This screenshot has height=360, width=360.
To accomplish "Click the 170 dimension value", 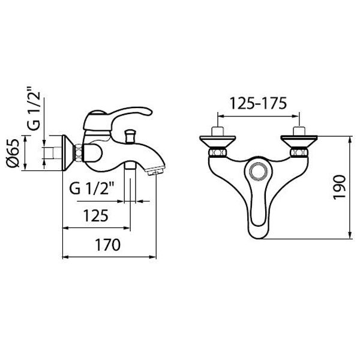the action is pos(107,245).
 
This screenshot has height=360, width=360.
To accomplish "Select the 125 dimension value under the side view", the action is pos(95,215).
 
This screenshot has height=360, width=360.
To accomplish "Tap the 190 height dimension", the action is pos(340,187).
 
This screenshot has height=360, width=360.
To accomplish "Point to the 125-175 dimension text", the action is pos(258,103).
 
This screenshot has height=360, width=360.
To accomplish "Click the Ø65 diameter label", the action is pos(13,153).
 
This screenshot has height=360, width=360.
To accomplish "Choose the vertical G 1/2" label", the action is pos(34,109).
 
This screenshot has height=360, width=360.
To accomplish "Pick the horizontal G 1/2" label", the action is pos(92,188).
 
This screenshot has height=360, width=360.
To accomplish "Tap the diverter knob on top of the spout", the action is pos(130,136).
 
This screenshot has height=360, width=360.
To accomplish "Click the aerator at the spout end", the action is pos(155,171).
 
